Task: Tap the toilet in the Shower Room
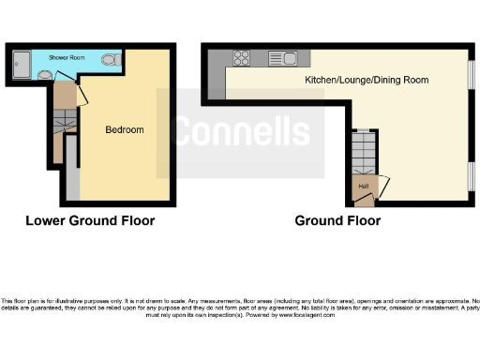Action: point(110,62)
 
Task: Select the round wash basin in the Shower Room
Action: point(45,74)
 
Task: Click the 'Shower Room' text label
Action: point(67,57)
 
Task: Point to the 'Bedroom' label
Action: point(125,129)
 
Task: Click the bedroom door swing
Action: point(82,94)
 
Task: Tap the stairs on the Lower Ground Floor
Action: point(62,121)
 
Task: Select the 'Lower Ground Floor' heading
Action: point(90,221)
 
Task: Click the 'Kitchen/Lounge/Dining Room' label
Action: point(367,81)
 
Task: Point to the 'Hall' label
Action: point(363,186)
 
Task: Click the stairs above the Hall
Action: point(363,149)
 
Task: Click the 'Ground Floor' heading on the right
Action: point(337,221)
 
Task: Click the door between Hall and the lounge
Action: point(382,185)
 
